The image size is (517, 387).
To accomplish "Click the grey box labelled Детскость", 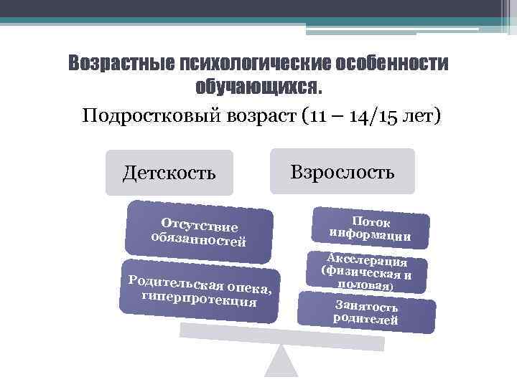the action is click(x=169, y=173).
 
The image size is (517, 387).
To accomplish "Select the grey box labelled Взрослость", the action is click(x=343, y=171).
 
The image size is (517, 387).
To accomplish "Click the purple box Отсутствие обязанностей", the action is click(x=199, y=231).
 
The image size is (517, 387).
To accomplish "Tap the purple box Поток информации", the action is click(x=370, y=227).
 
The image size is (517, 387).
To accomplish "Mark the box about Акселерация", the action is click(x=366, y=271).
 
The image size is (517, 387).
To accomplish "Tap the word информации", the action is click(x=370, y=234).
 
